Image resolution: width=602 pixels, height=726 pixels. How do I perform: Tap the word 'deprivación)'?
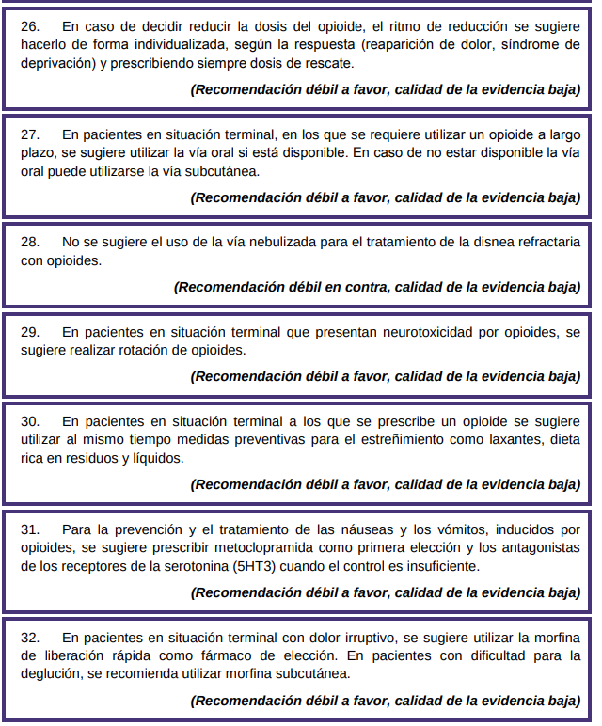coord(58,63)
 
